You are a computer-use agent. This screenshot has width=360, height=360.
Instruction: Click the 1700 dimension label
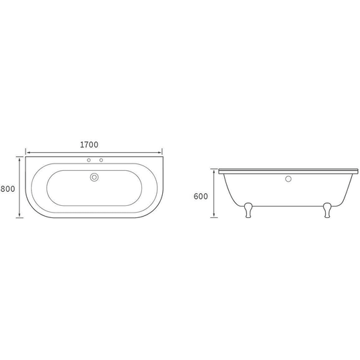(x=89, y=145)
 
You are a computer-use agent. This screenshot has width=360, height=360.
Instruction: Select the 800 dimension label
(x=7, y=189)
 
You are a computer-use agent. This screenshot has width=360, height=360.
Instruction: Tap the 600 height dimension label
(x=201, y=196)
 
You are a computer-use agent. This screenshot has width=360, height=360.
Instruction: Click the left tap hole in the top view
(x=89, y=160)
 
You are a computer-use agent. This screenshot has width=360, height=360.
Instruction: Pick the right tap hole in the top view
(x=101, y=160)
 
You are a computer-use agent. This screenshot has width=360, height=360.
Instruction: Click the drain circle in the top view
(x=94, y=177)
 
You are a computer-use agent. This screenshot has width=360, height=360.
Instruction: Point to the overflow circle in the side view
(x=288, y=179)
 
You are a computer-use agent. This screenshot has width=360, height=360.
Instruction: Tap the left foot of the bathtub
(x=248, y=210)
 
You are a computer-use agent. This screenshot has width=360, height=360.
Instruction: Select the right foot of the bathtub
(x=327, y=210)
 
